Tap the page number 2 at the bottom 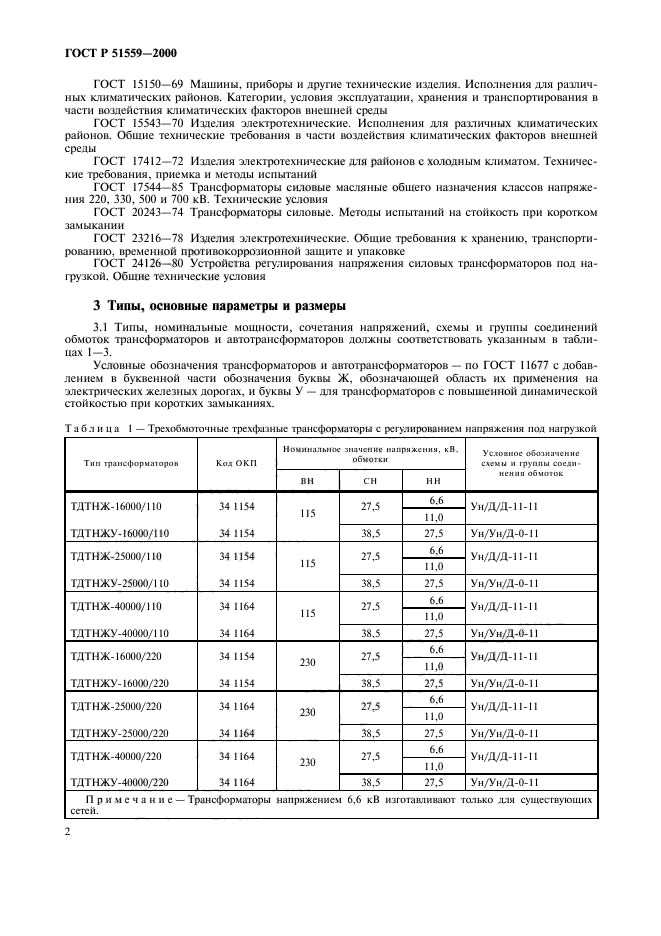[x=66, y=830]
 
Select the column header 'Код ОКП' [x=237, y=463]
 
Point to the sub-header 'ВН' [x=307, y=482]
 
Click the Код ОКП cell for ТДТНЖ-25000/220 [x=237, y=706]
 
